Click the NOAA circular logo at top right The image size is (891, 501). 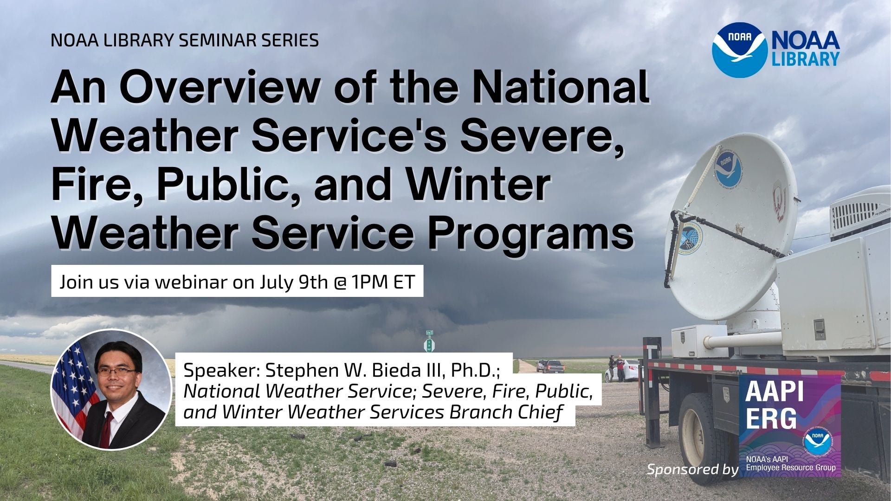coord(740,49)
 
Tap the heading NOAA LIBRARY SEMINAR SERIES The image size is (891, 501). coord(184,40)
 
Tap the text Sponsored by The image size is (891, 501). coord(692,469)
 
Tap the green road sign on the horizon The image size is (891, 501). coord(430,344)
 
